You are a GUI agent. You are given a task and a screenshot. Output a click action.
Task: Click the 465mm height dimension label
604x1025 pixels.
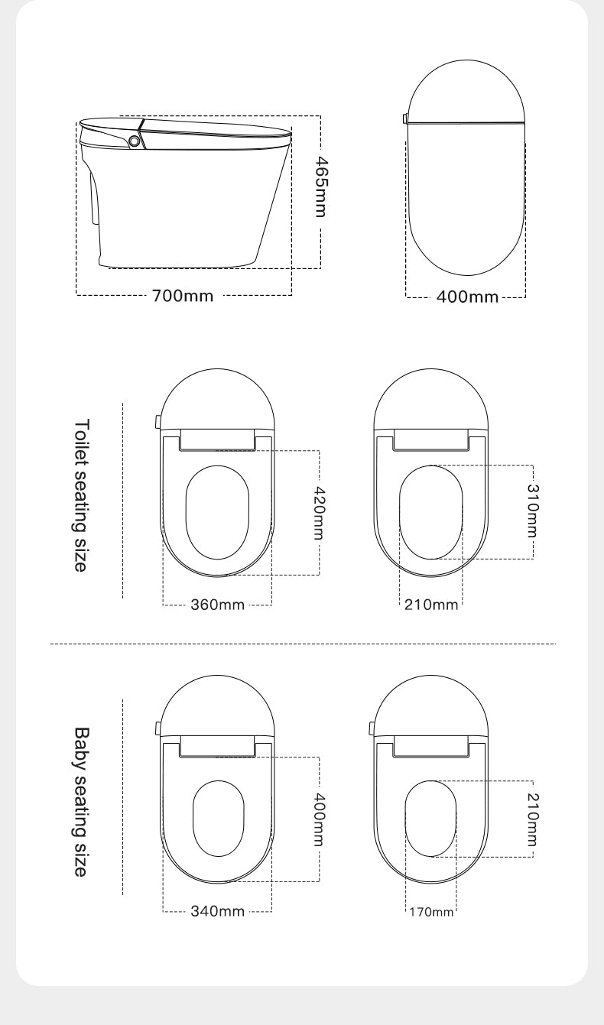coord(322,187)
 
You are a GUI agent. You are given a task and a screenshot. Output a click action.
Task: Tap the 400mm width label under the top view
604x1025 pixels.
coord(466,297)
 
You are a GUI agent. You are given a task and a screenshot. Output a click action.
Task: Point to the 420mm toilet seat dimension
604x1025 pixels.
coord(321,513)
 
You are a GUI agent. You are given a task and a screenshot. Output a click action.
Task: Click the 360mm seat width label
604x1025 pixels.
coord(217,605)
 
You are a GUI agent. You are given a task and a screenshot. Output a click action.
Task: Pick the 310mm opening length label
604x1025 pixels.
coord(533,511)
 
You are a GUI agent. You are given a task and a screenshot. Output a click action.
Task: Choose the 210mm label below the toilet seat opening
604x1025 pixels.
coord(431,605)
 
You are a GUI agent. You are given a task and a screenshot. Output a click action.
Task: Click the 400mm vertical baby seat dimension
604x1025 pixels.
coord(321,819)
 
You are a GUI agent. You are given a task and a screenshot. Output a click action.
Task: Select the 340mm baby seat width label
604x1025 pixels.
coord(217,911)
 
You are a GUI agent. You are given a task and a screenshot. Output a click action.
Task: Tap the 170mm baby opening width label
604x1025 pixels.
coord(430,912)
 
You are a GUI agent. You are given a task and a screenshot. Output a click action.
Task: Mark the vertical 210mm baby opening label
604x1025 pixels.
coord(533,819)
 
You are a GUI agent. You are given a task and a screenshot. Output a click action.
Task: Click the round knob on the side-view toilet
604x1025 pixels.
coord(135,141)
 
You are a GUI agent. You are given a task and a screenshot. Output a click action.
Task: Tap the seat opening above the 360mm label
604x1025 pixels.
coord(217,511)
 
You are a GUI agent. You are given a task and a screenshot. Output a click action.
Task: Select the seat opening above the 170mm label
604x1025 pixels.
coord(430,819)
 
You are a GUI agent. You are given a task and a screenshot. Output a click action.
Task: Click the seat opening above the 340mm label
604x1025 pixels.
coord(218,819)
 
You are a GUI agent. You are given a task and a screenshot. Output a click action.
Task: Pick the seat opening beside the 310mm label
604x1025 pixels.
coord(431,511)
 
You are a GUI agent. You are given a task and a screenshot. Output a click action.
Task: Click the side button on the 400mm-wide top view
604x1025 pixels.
coord(404,118)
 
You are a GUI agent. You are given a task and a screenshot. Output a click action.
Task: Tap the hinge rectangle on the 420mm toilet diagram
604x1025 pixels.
coord(217,439)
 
